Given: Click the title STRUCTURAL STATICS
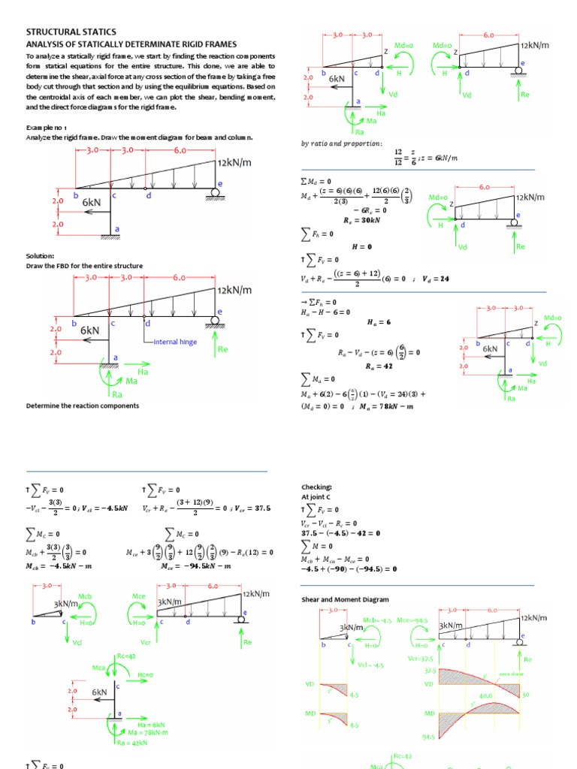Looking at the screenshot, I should pyautogui.click(x=71, y=32).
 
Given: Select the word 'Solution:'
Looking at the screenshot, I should pyautogui.click(x=39, y=256).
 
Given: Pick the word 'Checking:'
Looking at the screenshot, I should pyautogui.click(x=316, y=487).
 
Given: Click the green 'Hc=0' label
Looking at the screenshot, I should pyautogui.click(x=145, y=674).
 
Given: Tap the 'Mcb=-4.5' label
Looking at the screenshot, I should pyautogui.click(x=377, y=620).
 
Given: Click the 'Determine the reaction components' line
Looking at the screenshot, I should pyautogui.click(x=82, y=406).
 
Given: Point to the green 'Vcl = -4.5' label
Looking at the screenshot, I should pyautogui.click(x=370, y=665).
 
